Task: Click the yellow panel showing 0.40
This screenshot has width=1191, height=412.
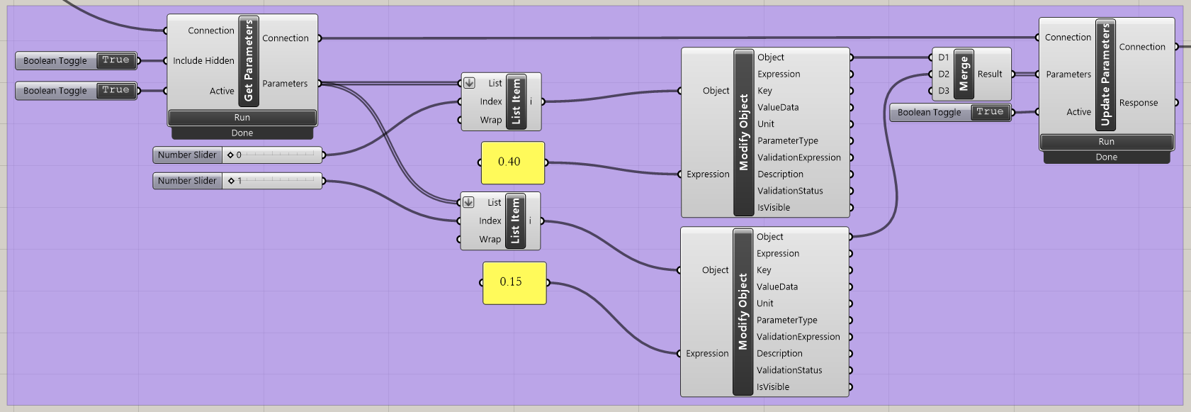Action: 512,162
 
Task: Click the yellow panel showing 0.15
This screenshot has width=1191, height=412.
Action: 514,283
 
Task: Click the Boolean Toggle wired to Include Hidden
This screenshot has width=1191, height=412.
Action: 76,61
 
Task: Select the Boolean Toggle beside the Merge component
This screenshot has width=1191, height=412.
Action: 949,112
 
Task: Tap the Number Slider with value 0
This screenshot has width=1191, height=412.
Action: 237,155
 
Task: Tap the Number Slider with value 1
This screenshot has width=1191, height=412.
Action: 237,182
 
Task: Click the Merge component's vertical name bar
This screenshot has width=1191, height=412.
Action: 964,74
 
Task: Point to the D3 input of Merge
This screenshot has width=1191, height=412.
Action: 943,91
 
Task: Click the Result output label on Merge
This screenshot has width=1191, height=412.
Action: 990,74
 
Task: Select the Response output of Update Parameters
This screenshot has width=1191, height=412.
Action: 1138,103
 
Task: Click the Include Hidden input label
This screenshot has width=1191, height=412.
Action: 203,61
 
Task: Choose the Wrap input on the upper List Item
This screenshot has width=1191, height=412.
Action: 490,121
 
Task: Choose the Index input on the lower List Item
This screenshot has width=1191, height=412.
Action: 490,221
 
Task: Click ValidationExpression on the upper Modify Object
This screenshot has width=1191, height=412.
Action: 798,158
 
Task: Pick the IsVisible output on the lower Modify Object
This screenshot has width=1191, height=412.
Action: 772,387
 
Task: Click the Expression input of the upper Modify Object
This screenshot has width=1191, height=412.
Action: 707,174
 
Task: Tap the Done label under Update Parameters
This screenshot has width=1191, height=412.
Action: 1106,157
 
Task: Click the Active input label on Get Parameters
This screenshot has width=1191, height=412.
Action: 221,91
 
